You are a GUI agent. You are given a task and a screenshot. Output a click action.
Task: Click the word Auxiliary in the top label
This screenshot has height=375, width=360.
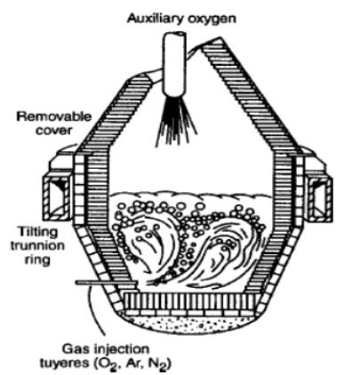[156, 19]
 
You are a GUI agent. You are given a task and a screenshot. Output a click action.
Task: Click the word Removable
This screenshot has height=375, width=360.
[53, 116]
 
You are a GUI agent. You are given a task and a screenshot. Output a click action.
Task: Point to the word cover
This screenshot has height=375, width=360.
[53, 130]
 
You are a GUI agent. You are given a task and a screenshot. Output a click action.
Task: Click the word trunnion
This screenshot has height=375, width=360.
[37, 246]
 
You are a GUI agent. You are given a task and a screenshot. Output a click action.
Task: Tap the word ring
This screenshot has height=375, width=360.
[37, 260]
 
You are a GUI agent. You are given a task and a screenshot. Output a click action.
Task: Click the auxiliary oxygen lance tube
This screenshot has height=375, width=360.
[174, 63]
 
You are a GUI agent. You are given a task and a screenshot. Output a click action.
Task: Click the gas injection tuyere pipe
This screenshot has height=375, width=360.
[106, 283]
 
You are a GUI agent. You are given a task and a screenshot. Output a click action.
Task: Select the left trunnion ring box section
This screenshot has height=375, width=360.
[57, 197]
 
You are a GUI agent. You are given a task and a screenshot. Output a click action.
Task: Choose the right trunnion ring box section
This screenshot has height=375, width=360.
[319, 198]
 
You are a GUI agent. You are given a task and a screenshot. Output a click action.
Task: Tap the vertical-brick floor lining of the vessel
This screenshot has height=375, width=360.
[189, 301]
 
